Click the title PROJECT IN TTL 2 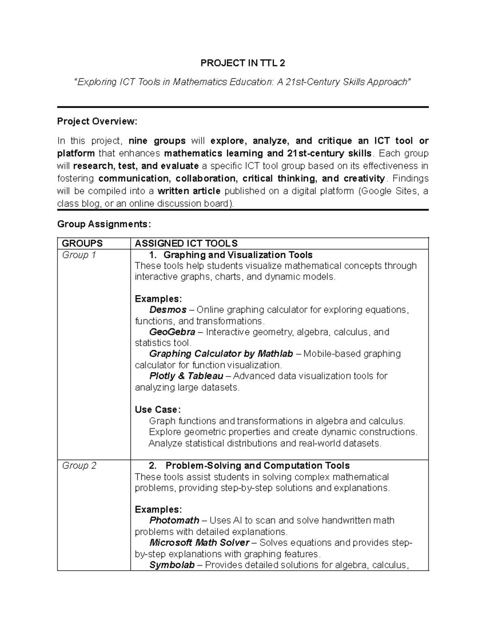243,63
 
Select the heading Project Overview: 97,121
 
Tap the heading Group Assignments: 104,224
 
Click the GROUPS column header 82,243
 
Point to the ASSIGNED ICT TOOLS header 186,243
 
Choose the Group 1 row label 79,255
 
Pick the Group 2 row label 79,466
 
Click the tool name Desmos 168,310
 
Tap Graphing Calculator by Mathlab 221,354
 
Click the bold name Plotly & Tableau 186,376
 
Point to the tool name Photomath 174,520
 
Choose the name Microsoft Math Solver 199,543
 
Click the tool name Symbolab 172,565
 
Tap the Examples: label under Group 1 158,299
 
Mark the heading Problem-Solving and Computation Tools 258,466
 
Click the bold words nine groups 157,141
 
